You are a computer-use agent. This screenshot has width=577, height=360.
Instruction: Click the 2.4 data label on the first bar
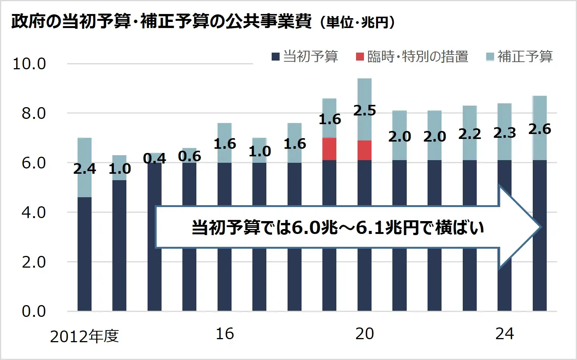click(84, 169)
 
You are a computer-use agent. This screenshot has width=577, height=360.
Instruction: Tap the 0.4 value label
click(154, 158)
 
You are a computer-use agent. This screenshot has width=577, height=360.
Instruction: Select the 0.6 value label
click(189, 156)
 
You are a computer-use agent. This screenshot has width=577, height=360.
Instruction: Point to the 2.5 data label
click(364, 110)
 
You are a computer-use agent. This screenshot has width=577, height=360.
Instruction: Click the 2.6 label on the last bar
click(540, 129)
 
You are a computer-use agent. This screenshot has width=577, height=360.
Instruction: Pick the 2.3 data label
click(504, 133)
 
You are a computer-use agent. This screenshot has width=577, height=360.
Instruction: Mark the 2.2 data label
click(470, 134)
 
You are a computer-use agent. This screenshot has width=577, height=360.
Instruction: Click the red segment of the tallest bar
click(364, 150)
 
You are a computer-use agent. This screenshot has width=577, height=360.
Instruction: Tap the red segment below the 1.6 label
click(329, 149)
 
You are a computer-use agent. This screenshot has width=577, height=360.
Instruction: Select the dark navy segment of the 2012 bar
click(84, 254)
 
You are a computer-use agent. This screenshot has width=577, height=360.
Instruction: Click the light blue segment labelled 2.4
click(84, 151)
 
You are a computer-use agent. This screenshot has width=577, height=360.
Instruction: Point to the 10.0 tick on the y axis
click(29, 64)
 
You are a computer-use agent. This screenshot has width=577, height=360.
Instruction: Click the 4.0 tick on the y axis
click(33, 212)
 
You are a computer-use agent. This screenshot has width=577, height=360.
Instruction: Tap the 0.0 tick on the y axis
click(33, 312)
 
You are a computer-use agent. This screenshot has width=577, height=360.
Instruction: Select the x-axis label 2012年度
click(84, 336)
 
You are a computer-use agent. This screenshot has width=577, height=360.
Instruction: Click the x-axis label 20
click(364, 334)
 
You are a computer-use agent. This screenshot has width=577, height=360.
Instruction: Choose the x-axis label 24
click(504, 334)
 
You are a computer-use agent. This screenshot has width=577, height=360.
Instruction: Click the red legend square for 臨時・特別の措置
click(360, 57)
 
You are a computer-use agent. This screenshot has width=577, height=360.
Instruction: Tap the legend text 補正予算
click(525, 57)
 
